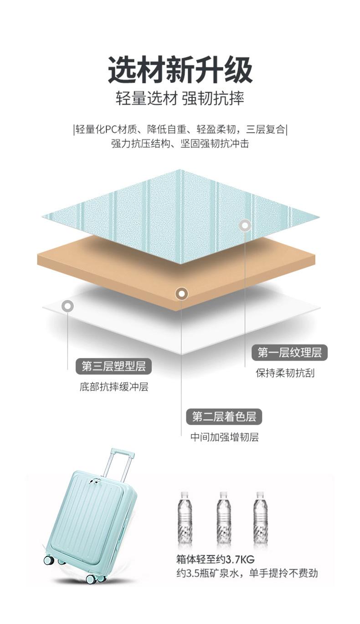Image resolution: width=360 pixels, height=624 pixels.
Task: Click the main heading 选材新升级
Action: (180, 70)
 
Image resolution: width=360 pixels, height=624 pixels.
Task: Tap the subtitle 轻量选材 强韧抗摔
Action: (180, 98)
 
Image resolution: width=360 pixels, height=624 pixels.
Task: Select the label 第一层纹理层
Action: (289, 352)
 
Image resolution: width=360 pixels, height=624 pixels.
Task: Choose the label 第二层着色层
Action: (224, 416)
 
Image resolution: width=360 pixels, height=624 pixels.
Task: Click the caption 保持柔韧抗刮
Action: (285, 373)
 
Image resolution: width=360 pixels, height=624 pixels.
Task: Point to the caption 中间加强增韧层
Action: (224, 437)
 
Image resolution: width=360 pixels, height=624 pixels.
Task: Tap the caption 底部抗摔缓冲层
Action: (113, 387)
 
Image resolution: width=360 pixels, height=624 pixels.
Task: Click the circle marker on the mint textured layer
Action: (245, 225)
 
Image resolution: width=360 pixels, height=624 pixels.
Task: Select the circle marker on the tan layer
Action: (181, 294)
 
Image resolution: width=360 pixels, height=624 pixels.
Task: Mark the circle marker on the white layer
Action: (67, 306)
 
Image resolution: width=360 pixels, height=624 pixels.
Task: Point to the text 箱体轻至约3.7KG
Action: (215, 559)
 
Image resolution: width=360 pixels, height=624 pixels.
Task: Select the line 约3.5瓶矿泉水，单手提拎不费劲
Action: (247, 573)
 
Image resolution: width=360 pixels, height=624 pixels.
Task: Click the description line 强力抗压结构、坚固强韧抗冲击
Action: (180, 144)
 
